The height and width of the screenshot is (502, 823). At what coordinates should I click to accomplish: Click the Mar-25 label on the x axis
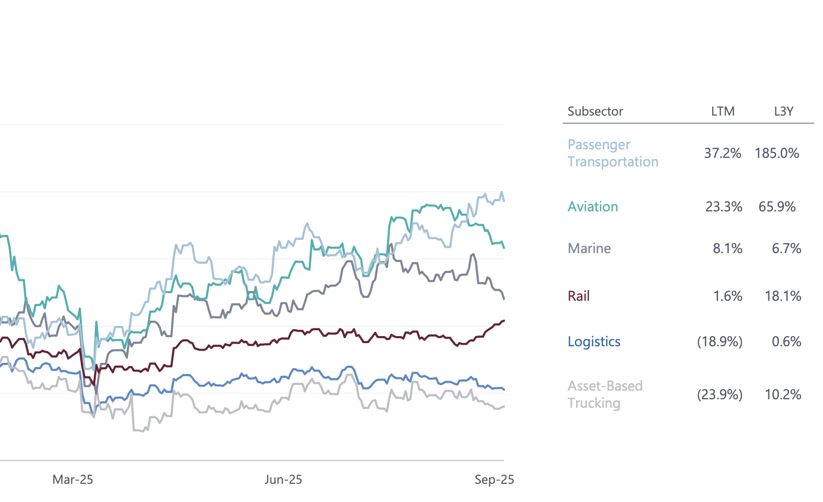tap(73, 480)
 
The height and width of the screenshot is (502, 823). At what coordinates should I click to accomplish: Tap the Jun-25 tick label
tap(283, 480)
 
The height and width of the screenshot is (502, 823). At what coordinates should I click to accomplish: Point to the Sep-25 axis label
tap(494, 480)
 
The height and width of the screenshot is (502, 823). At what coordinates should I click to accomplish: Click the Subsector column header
tap(595, 111)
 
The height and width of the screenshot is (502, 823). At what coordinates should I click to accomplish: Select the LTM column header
tap(722, 111)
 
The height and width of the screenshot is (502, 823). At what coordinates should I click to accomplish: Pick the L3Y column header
tap(783, 111)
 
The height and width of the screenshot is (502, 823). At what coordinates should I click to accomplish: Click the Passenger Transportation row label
tap(613, 153)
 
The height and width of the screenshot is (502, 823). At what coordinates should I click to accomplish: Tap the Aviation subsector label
tap(592, 207)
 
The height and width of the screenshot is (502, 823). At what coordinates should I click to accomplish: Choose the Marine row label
tap(589, 248)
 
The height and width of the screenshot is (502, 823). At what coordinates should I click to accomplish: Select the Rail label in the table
tap(578, 296)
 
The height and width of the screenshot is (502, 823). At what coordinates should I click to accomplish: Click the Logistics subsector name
tap(594, 341)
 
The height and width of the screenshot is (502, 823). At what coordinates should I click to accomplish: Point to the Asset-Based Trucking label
tap(605, 394)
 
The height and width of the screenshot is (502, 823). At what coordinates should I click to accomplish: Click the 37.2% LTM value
tap(722, 153)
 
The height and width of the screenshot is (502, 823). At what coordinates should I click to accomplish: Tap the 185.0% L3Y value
tap(776, 153)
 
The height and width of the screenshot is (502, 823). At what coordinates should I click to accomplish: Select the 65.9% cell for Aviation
tap(776, 207)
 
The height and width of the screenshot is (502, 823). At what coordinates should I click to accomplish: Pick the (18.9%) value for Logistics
tap(719, 341)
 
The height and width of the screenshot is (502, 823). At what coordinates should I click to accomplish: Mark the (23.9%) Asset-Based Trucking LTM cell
tap(719, 394)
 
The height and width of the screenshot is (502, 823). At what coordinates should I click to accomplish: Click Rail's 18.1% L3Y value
tap(782, 296)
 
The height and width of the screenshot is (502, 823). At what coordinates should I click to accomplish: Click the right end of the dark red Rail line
tap(503, 321)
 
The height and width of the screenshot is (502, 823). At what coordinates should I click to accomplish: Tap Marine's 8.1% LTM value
tap(727, 248)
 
